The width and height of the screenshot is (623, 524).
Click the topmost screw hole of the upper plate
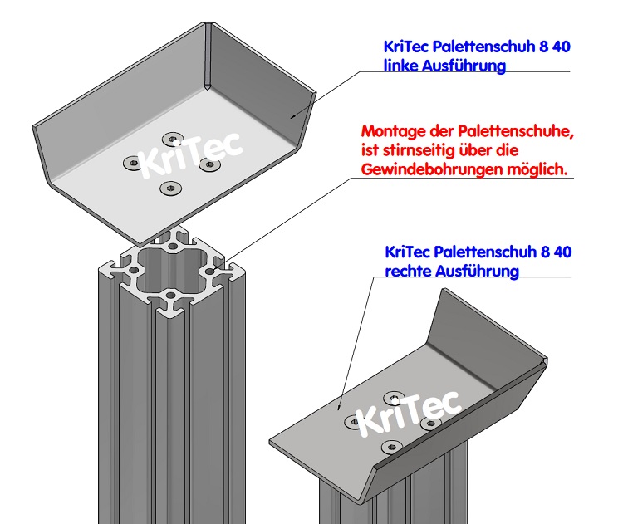pyautogui.click(x=172, y=138)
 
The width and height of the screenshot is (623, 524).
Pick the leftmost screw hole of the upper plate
pyautogui.click(x=131, y=164)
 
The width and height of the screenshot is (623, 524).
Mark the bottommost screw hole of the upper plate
pyautogui.click(x=169, y=188)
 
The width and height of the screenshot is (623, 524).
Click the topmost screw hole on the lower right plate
pyautogui.click(x=392, y=397)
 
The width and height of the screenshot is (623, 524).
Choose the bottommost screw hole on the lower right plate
pyautogui.click(x=390, y=448)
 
